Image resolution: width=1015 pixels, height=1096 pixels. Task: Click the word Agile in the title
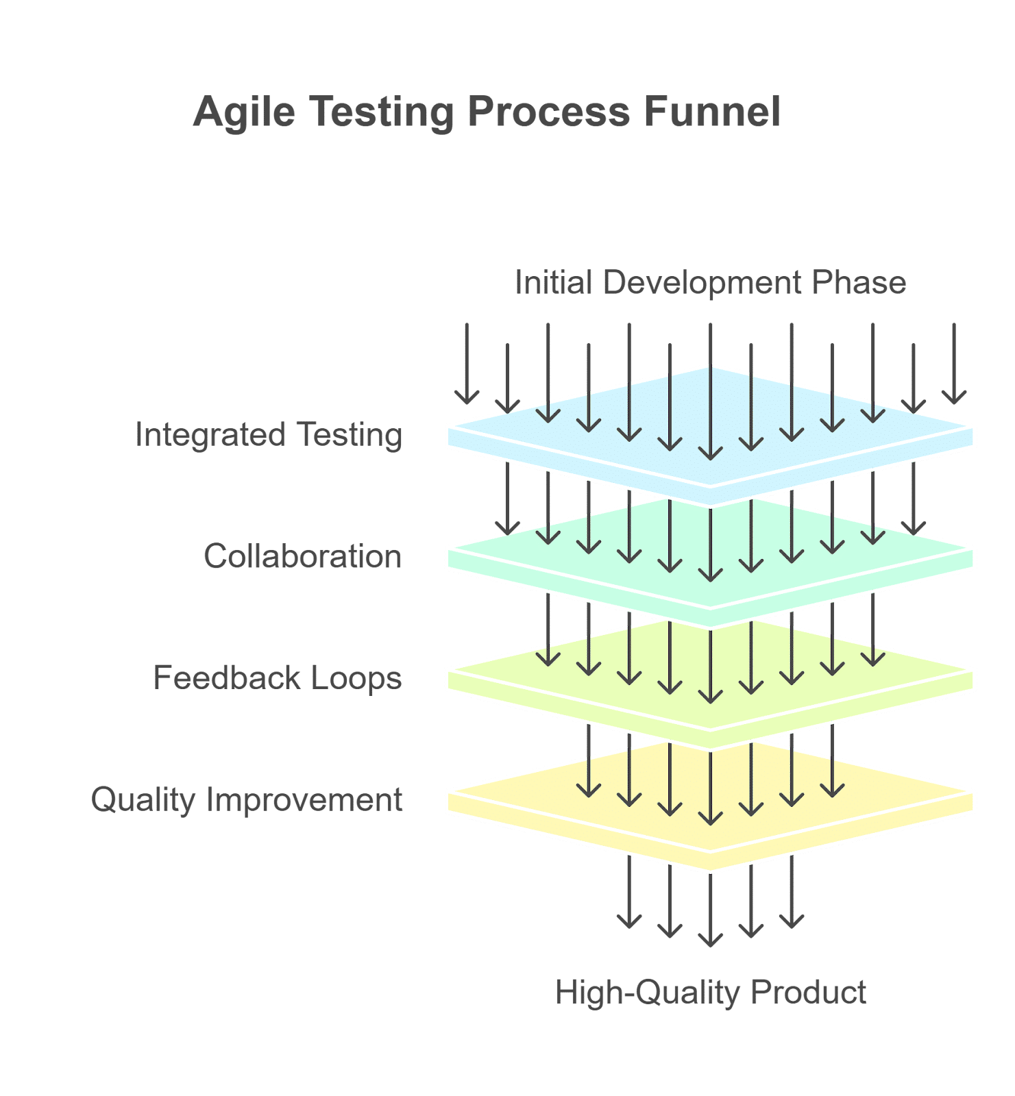click(244, 112)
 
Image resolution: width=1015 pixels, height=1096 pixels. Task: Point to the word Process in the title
click(548, 112)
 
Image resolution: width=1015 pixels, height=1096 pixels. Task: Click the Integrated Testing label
click(269, 435)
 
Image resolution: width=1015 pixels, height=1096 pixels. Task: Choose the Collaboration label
click(302, 556)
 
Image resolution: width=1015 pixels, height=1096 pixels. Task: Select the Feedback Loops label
click(277, 677)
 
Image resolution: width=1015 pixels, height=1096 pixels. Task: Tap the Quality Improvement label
click(247, 799)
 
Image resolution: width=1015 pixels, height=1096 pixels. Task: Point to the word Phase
click(859, 282)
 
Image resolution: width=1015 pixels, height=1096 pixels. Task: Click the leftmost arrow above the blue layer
click(467, 363)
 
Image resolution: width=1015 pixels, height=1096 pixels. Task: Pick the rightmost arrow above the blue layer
click(954, 363)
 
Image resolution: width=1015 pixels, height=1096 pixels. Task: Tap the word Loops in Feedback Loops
click(356, 677)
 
